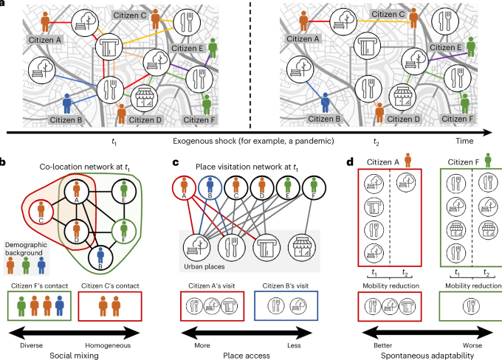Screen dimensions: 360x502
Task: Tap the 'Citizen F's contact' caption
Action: [x=39, y=285]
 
